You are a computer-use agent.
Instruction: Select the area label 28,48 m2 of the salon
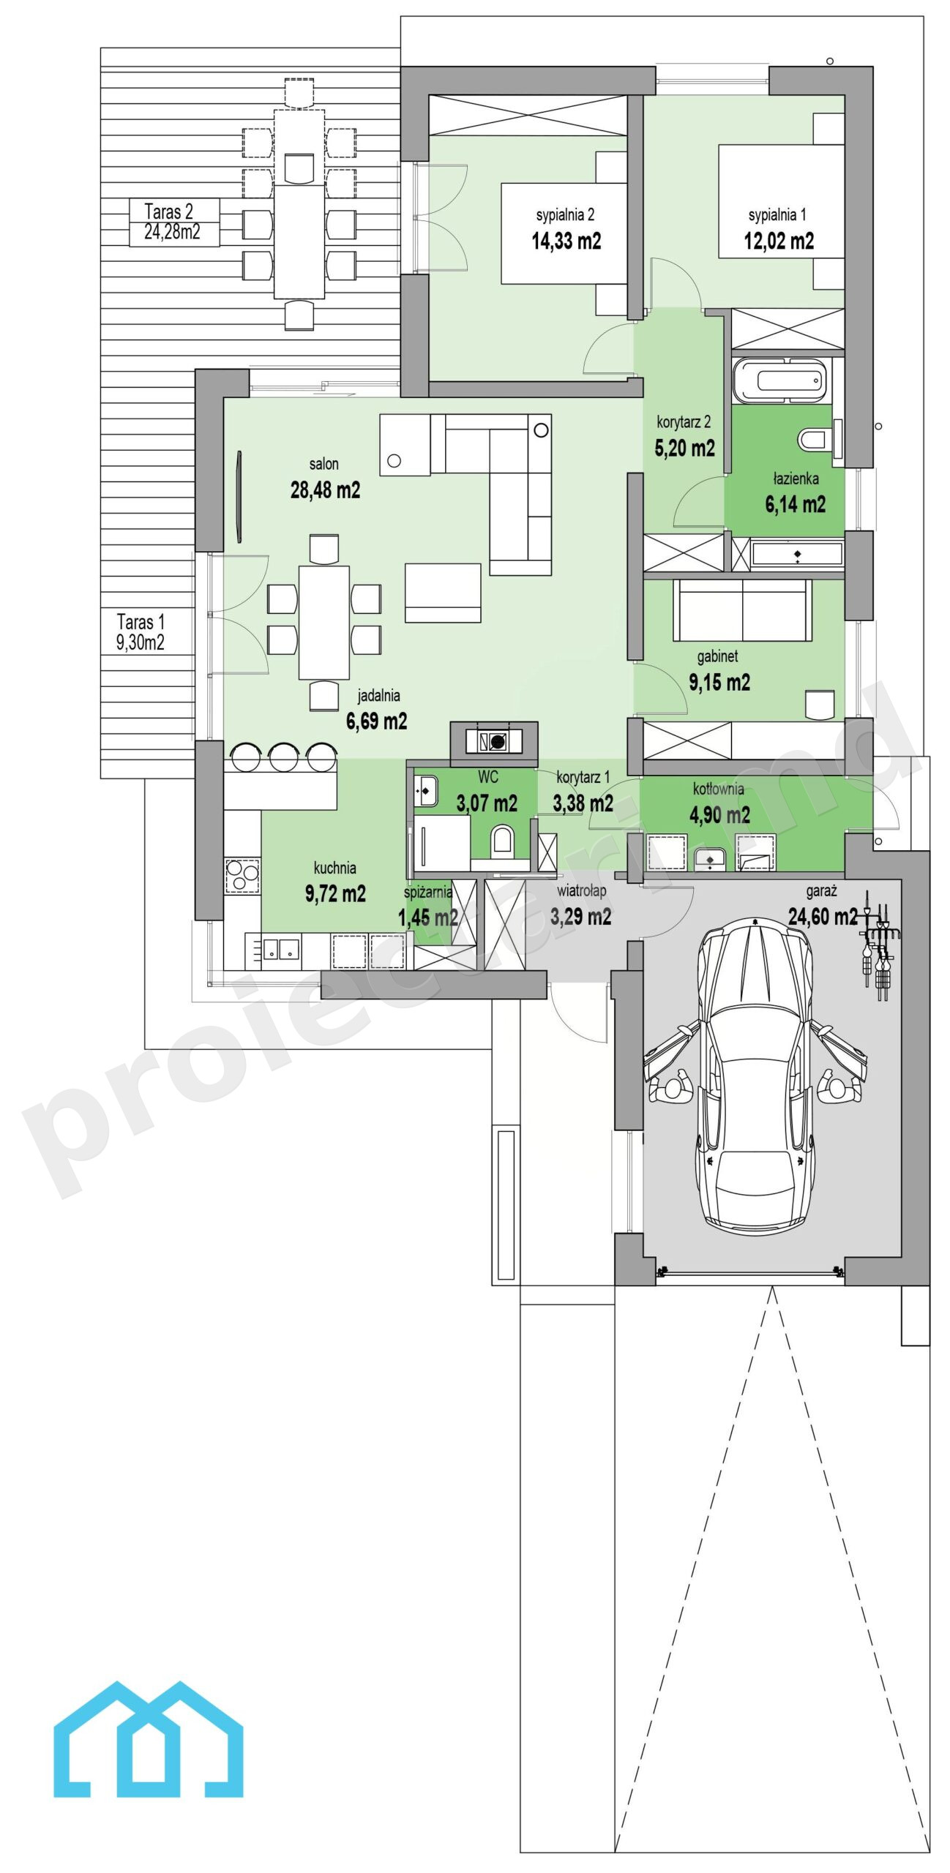pyautogui.click(x=325, y=489)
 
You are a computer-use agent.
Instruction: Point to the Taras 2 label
pyautogui.click(x=169, y=211)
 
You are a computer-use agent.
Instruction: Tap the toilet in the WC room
pyautogui.click(x=502, y=841)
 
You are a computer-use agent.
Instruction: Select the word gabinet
pyautogui.click(x=717, y=656)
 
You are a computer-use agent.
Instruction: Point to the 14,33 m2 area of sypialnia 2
pyautogui.click(x=566, y=241)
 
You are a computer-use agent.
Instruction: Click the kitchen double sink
pyautogui.click(x=281, y=948)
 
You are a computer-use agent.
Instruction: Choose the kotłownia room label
pyautogui.click(x=719, y=789)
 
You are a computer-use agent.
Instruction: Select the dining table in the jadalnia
pyautogui.click(x=324, y=623)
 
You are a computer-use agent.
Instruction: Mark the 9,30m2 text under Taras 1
pyautogui.click(x=141, y=643)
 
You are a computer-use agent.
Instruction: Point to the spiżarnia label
pyautogui.click(x=428, y=892)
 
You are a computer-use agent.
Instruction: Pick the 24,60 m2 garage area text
pyautogui.click(x=822, y=916)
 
